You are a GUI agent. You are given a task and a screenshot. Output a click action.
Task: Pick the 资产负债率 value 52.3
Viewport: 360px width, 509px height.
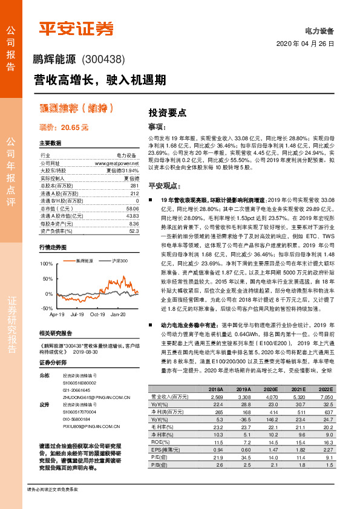133,230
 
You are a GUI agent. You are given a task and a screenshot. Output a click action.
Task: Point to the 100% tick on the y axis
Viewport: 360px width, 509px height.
46,264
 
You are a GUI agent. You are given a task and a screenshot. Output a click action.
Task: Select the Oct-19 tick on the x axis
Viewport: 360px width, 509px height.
97,314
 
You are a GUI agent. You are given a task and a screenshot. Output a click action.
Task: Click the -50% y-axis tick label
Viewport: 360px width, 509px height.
47,308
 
